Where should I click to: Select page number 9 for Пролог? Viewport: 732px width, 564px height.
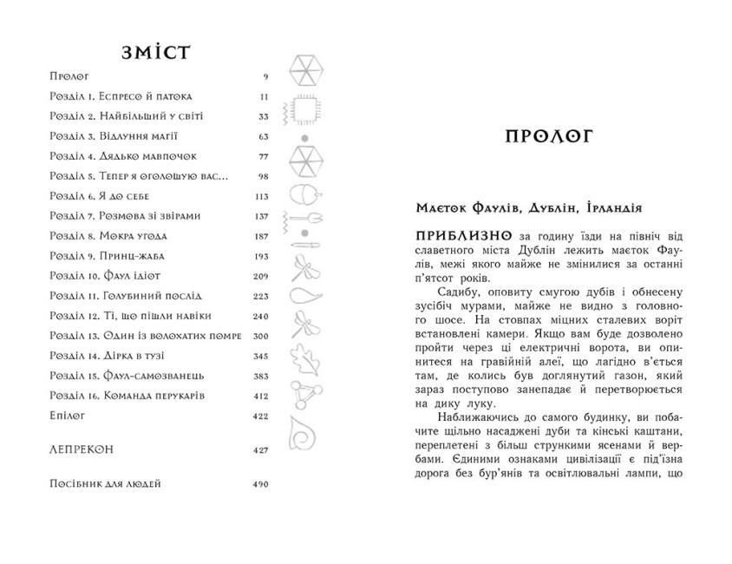click(265, 77)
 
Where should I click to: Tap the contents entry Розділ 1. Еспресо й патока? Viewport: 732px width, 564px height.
click(121, 96)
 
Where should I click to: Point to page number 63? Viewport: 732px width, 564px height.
click(263, 136)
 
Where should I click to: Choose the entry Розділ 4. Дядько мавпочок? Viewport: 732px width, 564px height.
click(124, 156)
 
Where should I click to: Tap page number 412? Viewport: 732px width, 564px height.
click(261, 396)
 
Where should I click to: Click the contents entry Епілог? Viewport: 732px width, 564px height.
click(68, 416)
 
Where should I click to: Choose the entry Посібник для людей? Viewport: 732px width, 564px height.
click(106, 483)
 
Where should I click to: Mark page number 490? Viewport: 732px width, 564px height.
click(261, 483)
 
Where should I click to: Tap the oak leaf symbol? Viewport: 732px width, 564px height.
click(304, 357)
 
